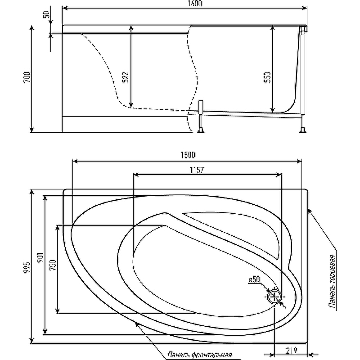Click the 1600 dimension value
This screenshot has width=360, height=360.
coord(194,4)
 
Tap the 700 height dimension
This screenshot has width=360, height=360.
coord(27,77)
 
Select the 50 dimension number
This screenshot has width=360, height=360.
coord(46,14)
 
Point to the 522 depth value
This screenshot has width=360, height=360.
coord(126,77)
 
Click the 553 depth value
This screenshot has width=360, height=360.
coord(267,77)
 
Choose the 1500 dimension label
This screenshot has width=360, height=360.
coord(188,155)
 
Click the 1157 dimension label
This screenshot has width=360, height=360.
coord(197,170)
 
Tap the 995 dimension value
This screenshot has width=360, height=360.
coord(27,267)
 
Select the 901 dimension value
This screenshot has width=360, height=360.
coord(40,257)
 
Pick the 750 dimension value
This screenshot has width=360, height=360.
coord(53,265)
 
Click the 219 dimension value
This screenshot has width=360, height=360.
coord(291,351)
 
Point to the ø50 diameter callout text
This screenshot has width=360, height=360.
coord(254,279)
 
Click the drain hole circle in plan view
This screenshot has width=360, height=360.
coord(274,297)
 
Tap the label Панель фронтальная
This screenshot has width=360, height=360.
coord(199,355)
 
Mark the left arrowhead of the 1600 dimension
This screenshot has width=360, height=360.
coord(65,8)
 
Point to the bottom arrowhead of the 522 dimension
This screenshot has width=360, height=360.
coord(131,105)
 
